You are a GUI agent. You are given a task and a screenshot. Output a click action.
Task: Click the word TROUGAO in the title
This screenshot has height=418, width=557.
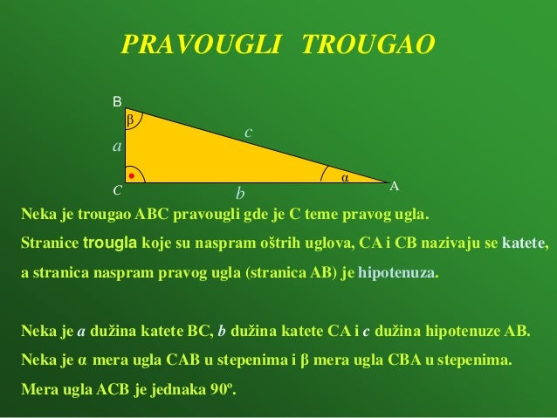point(367,45)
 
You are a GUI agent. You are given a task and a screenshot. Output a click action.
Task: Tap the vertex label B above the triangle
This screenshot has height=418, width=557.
point(117,103)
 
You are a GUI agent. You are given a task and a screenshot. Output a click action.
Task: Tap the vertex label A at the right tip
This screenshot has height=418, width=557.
point(394,187)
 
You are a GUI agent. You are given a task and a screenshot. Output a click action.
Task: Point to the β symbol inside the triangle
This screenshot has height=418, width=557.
point(131,119)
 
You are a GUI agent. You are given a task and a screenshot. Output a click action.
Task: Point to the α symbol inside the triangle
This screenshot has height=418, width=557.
point(344,177)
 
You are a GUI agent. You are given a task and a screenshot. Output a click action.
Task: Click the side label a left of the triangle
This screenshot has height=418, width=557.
point(116,147)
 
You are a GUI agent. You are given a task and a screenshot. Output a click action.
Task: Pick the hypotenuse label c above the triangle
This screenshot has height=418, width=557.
point(248,132)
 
